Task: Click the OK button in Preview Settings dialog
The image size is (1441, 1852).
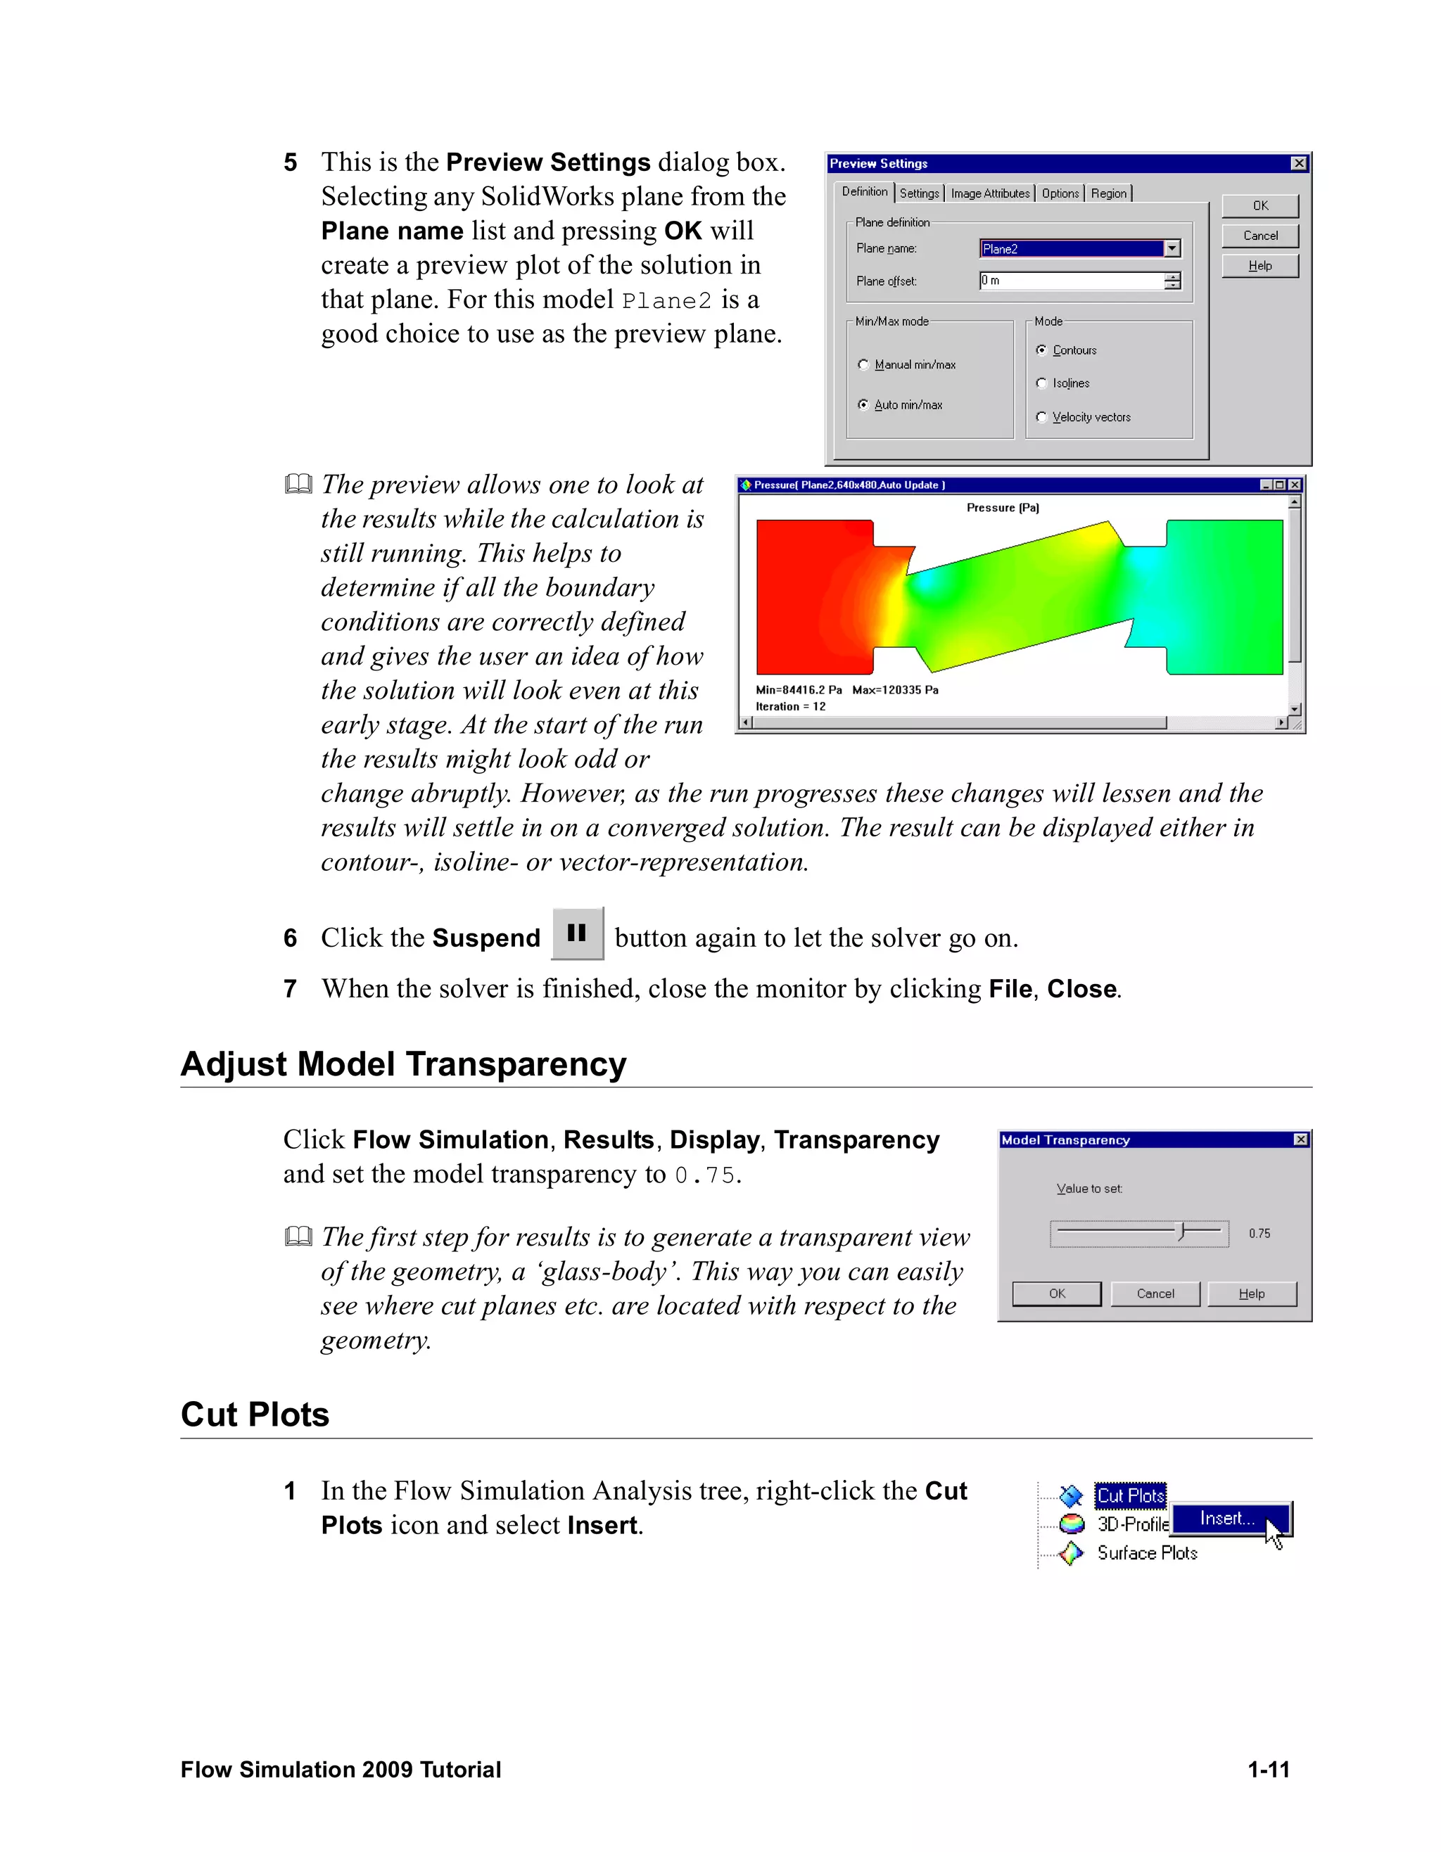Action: pyautogui.click(x=1259, y=206)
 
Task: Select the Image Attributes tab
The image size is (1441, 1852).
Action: pyautogui.click(x=990, y=193)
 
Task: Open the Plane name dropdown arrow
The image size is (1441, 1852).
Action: pyautogui.click(x=1172, y=248)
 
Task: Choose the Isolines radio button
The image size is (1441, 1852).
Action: pyautogui.click(x=1041, y=383)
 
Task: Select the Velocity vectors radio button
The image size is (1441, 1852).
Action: pyautogui.click(x=1041, y=417)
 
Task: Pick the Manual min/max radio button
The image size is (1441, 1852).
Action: pyautogui.click(x=863, y=364)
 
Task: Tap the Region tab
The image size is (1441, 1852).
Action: pyautogui.click(x=1108, y=193)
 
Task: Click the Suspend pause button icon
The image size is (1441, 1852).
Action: pyautogui.click(x=577, y=933)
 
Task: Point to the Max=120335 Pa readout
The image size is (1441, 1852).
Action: pyautogui.click(x=895, y=690)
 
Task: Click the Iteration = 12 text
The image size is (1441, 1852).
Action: pyautogui.click(x=790, y=706)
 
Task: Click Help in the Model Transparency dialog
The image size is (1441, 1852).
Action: pyautogui.click(x=1251, y=1294)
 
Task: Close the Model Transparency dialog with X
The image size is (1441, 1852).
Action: pyautogui.click(x=1301, y=1139)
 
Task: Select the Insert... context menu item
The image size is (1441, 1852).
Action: pyautogui.click(x=1227, y=1519)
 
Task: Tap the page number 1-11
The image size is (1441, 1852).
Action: pyautogui.click(x=1268, y=1770)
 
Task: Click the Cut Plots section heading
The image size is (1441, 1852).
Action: pyautogui.click(x=255, y=1414)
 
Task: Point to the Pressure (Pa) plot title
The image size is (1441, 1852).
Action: pyautogui.click(x=1003, y=508)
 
